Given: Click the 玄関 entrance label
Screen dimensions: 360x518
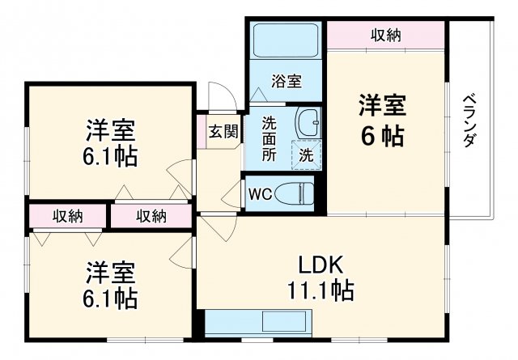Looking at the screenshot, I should (223, 132).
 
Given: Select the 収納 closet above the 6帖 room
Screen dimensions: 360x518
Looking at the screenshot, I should (386, 36).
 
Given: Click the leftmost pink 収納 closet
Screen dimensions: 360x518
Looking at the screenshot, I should (68, 216).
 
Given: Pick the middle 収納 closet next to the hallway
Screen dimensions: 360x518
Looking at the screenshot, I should (151, 216).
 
